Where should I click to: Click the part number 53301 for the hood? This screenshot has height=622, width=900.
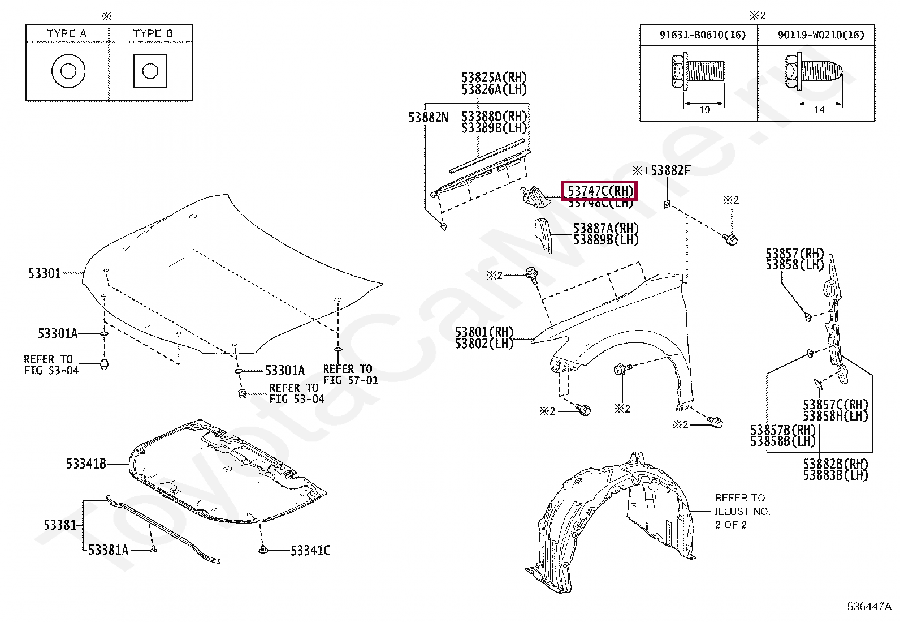click(x=45, y=273)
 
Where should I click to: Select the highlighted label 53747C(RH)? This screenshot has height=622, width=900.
click(x=599, y=191)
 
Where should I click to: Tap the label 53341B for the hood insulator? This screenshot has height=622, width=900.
click(x=86, y=464)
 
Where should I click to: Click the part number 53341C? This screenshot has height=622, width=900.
click(x=310, y=551)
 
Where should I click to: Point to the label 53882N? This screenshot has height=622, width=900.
click(x=428, y=118)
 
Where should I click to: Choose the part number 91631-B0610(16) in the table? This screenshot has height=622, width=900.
click(x=702, y=35)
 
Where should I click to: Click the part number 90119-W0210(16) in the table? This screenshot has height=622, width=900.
click(x=820, y=35)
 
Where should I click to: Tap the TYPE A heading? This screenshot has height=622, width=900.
click(x=67, y=33)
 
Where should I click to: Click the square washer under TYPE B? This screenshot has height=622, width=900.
click(x=150, y=71)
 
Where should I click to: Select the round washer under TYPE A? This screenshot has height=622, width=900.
click(x=68, y=71)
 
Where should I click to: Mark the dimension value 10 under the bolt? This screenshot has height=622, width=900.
click(x=704, y=110)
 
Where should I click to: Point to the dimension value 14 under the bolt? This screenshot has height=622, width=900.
click(x=819, y=110)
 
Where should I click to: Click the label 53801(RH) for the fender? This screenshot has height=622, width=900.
click(x=484, y=332)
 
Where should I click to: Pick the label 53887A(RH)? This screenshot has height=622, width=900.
click(x=605, y=228)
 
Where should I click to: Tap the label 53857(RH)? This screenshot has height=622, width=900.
click(x=794, y=254)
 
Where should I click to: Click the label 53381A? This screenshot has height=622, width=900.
click(x=109, y=550)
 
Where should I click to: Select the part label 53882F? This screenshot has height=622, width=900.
click(x=670, y=170)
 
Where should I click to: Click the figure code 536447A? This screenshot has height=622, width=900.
click(x=869, y=607)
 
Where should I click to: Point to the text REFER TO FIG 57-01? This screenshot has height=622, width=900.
click(x=351, y=374)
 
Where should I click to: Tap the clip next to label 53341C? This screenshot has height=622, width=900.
click(x=263, y=549)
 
